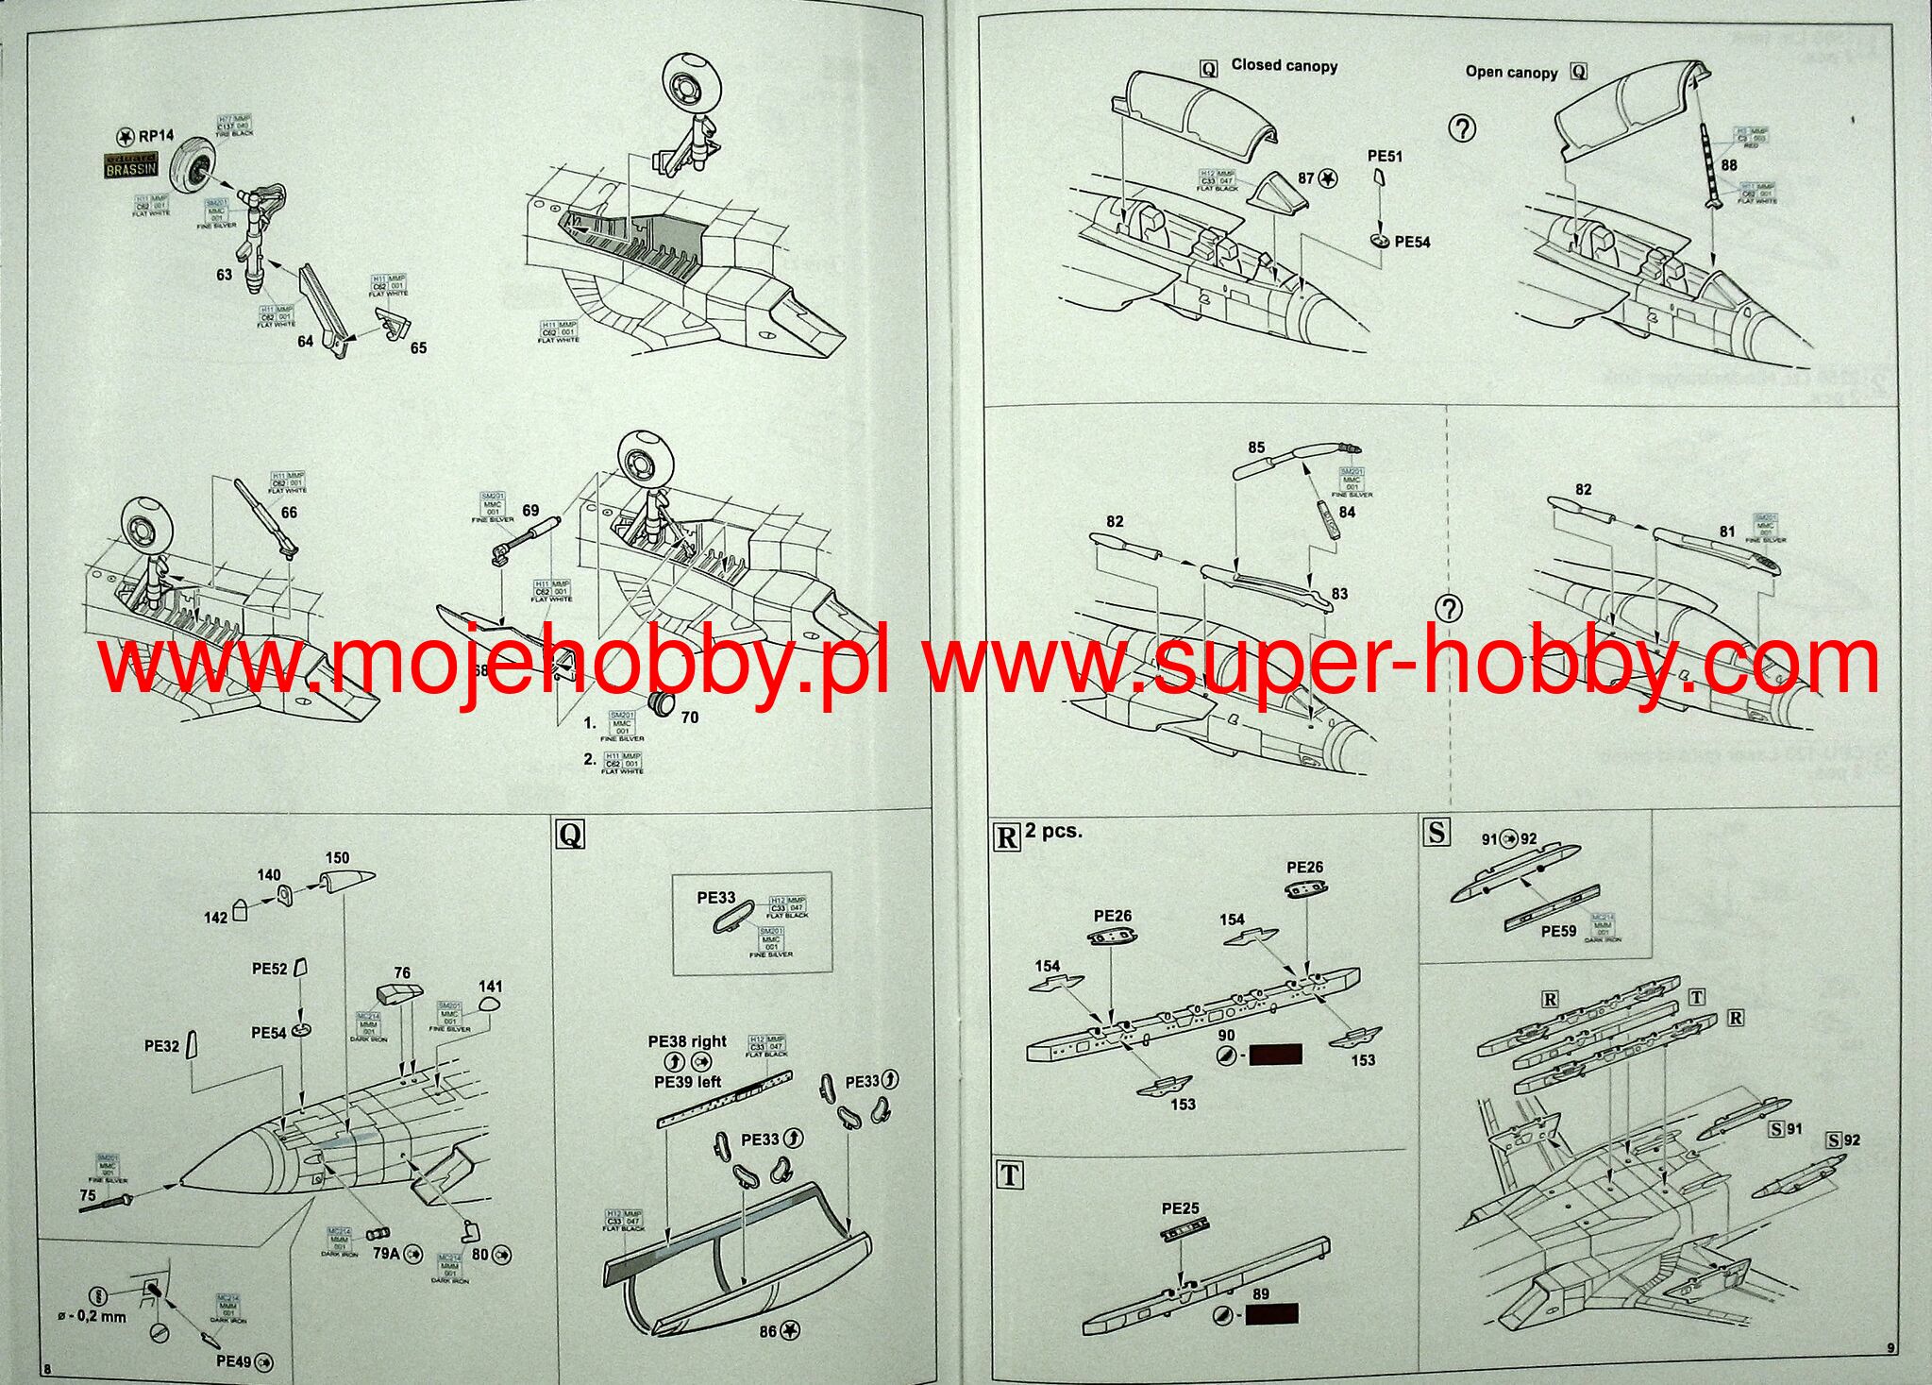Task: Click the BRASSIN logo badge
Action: tap(130, 166)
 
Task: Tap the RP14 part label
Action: tap(156, 136)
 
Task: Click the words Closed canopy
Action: tap(1284, 65)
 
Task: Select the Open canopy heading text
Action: tap(1511, 72)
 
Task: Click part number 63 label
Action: tap(224, 275)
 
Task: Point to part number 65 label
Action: tap(418, 348)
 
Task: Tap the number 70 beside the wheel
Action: tap(689, 718)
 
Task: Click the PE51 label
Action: tap(1385, 156)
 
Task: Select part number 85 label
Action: tap(1256, 448)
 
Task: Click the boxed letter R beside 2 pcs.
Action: tap(1007, 836)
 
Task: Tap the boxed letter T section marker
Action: tap(1010, 1175)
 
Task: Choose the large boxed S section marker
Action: tap(1436, 832)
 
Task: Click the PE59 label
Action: tap(1558, 931)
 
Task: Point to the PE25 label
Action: tap(1180, 1208)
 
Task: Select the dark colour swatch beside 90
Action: tap(1275, 1055)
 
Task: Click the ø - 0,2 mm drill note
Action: tap(92, 1317)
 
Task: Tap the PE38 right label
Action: tap(687, 1041)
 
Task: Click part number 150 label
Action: tap(337, 858)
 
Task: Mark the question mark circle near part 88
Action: tap(1462, 128)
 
